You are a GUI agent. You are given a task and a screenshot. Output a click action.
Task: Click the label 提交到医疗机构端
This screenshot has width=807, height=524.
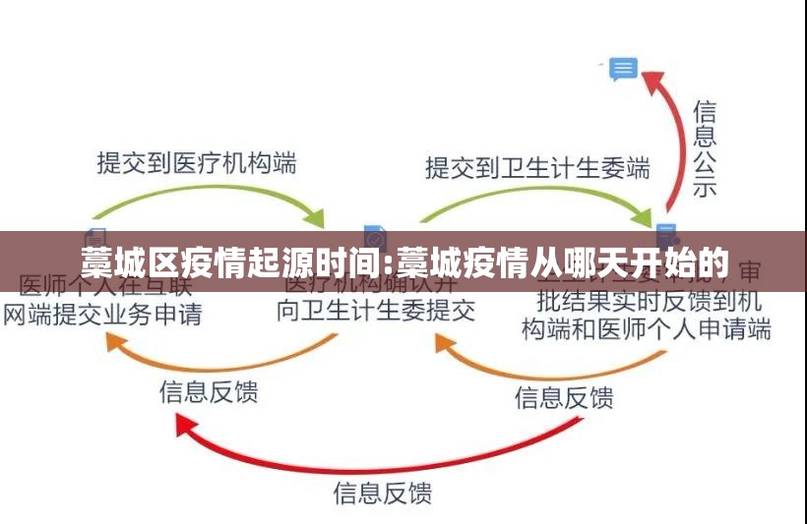pos(196,161)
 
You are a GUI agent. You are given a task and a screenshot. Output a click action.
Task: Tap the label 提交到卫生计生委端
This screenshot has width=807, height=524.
pos(537,167)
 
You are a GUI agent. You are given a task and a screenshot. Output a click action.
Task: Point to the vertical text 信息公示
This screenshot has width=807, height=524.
pos(704,147)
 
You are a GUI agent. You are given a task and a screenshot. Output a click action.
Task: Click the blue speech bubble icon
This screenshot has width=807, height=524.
pos(623,69)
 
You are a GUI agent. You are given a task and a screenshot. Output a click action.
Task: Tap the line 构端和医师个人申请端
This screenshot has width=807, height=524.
pos(646,328)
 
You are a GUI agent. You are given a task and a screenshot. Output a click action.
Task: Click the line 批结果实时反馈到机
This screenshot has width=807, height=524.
pos(649,299)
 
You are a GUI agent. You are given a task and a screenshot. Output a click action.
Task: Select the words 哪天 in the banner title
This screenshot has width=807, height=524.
pos(604,262)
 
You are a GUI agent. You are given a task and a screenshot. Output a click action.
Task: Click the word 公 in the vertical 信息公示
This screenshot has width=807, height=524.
pos(704,160)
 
